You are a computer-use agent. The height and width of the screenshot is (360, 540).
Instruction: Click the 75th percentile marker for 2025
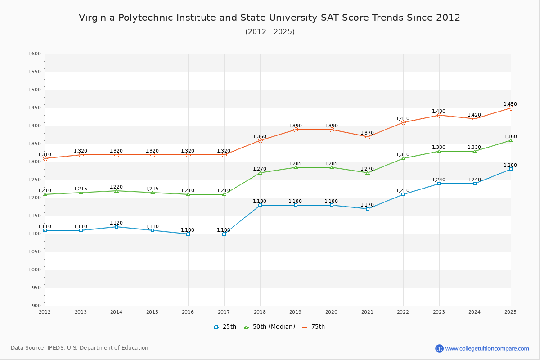click(511, 108)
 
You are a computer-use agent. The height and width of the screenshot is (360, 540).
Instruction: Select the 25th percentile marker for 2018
click(260, 205)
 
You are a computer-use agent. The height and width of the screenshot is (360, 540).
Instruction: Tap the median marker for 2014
click(117, 191)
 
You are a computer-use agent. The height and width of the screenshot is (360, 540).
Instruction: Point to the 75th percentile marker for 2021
click(368, 137)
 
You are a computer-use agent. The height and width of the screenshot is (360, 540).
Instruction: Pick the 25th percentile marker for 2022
click(403, 194)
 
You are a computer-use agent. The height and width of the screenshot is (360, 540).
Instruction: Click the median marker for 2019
click(296, 167)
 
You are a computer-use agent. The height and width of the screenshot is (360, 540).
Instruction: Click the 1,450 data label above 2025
click(510, 104)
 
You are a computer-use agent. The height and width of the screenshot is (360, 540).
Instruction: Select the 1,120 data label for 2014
click(116, 223)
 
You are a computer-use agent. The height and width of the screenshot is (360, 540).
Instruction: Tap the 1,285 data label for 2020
click(331, 163)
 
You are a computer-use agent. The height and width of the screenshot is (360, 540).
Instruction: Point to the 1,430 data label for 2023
click(439, 111)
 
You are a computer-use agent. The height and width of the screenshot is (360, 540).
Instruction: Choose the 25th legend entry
click(225, 327)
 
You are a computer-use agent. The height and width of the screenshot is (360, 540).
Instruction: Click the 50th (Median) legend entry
click(270, 327)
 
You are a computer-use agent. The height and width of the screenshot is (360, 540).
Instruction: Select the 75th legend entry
click(314, 327)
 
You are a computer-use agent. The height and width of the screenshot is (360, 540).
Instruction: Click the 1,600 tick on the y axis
click(34, 54)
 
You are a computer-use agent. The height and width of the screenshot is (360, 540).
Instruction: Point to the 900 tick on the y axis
click(36, 306)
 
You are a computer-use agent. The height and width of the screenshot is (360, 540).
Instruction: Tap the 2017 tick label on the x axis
click(224, 311)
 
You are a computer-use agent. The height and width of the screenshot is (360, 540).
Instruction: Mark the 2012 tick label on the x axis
click(45, 311)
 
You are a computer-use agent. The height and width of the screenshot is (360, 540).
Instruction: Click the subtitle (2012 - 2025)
click(270, 31)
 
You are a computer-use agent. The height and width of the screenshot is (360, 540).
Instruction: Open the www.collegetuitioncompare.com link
click(487, 348)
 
